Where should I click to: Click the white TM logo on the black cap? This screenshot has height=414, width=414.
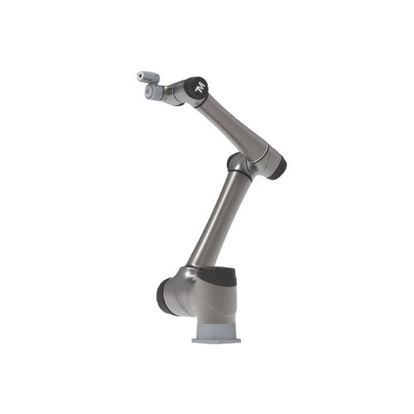pos(200,87)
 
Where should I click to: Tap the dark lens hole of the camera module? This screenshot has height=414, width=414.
pos(141,75)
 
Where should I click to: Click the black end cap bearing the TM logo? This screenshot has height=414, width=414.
pos(198,88)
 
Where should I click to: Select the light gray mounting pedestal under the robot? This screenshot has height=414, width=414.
pos(216,331)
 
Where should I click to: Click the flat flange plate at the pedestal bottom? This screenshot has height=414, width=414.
pos(216,340)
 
